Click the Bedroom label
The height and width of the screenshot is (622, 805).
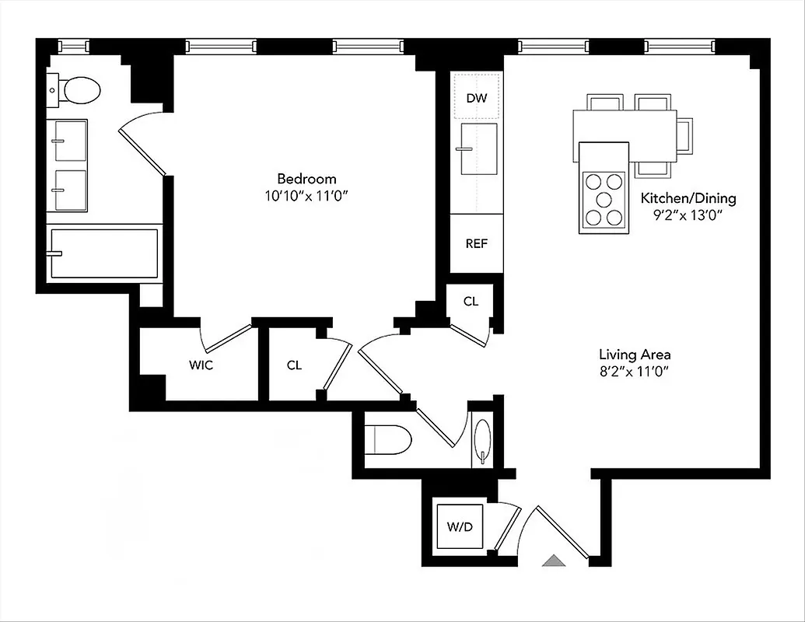310,178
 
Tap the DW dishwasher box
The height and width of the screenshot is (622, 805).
476,98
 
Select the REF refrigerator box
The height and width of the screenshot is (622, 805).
476,243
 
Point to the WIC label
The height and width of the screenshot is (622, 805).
201,365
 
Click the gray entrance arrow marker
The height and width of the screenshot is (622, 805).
554,560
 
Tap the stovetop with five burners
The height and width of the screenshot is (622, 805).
604,200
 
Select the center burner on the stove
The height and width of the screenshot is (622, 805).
604,200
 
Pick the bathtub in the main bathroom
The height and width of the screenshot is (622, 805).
104,253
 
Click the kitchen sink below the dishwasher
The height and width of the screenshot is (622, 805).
478,149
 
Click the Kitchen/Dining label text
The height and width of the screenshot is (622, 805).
688,197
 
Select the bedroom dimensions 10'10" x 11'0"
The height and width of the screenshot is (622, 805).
304,197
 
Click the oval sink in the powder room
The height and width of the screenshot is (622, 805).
483,440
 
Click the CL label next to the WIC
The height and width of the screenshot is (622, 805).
293,365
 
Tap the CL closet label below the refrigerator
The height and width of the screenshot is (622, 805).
470,302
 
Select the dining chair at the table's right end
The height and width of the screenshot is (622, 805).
684,134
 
